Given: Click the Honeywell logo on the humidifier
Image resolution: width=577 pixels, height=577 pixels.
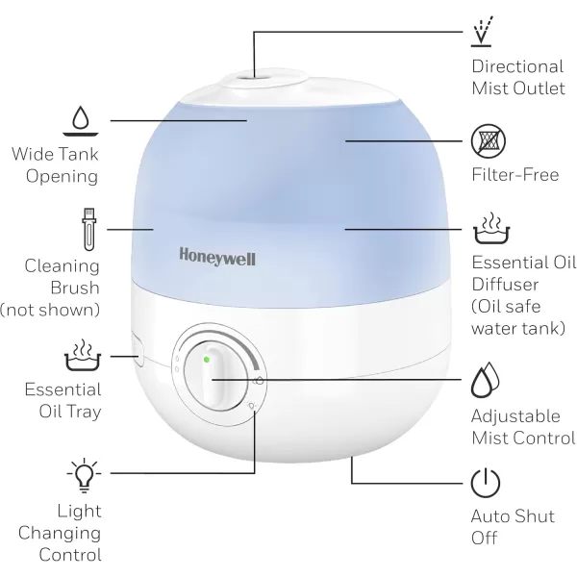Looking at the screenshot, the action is (217, 257).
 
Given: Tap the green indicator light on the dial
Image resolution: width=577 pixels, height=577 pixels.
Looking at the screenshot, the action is (207, 360).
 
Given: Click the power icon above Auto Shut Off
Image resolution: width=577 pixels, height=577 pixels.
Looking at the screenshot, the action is (486, 483).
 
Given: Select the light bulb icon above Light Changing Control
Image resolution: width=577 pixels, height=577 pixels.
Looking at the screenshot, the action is (84, 475).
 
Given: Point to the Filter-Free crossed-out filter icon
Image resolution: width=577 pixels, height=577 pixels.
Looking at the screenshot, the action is (489, 141).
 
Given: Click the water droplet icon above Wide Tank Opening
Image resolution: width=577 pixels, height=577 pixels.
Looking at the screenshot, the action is (80, 121).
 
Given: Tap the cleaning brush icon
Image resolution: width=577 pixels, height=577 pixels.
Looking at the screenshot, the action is (88, 229).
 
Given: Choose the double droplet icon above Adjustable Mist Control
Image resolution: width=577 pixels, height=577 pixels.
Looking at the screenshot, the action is (485, 380).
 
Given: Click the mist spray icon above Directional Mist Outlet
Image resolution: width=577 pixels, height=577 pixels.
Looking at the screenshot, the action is (482, 32).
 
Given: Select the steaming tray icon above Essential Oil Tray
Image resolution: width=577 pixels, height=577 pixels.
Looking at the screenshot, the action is (83, 355).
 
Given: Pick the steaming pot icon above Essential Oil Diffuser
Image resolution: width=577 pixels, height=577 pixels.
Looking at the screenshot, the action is (491, 228).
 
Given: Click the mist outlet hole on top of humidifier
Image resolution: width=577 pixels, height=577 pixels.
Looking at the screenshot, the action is (255, 77).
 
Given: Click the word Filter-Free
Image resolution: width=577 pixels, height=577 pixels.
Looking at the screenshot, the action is (515, 174).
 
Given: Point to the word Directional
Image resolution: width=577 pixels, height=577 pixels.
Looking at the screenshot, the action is (517, 66).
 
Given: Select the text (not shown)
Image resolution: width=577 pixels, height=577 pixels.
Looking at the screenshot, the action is (50, 310).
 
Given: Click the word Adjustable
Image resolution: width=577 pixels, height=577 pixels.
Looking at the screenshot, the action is (515, 417).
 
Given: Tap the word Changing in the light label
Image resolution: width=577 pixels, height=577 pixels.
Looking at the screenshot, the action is (60, 534).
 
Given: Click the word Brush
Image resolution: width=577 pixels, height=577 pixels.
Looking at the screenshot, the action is (75, 288).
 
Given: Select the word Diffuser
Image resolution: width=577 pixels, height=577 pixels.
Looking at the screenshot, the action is (505, 285).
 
